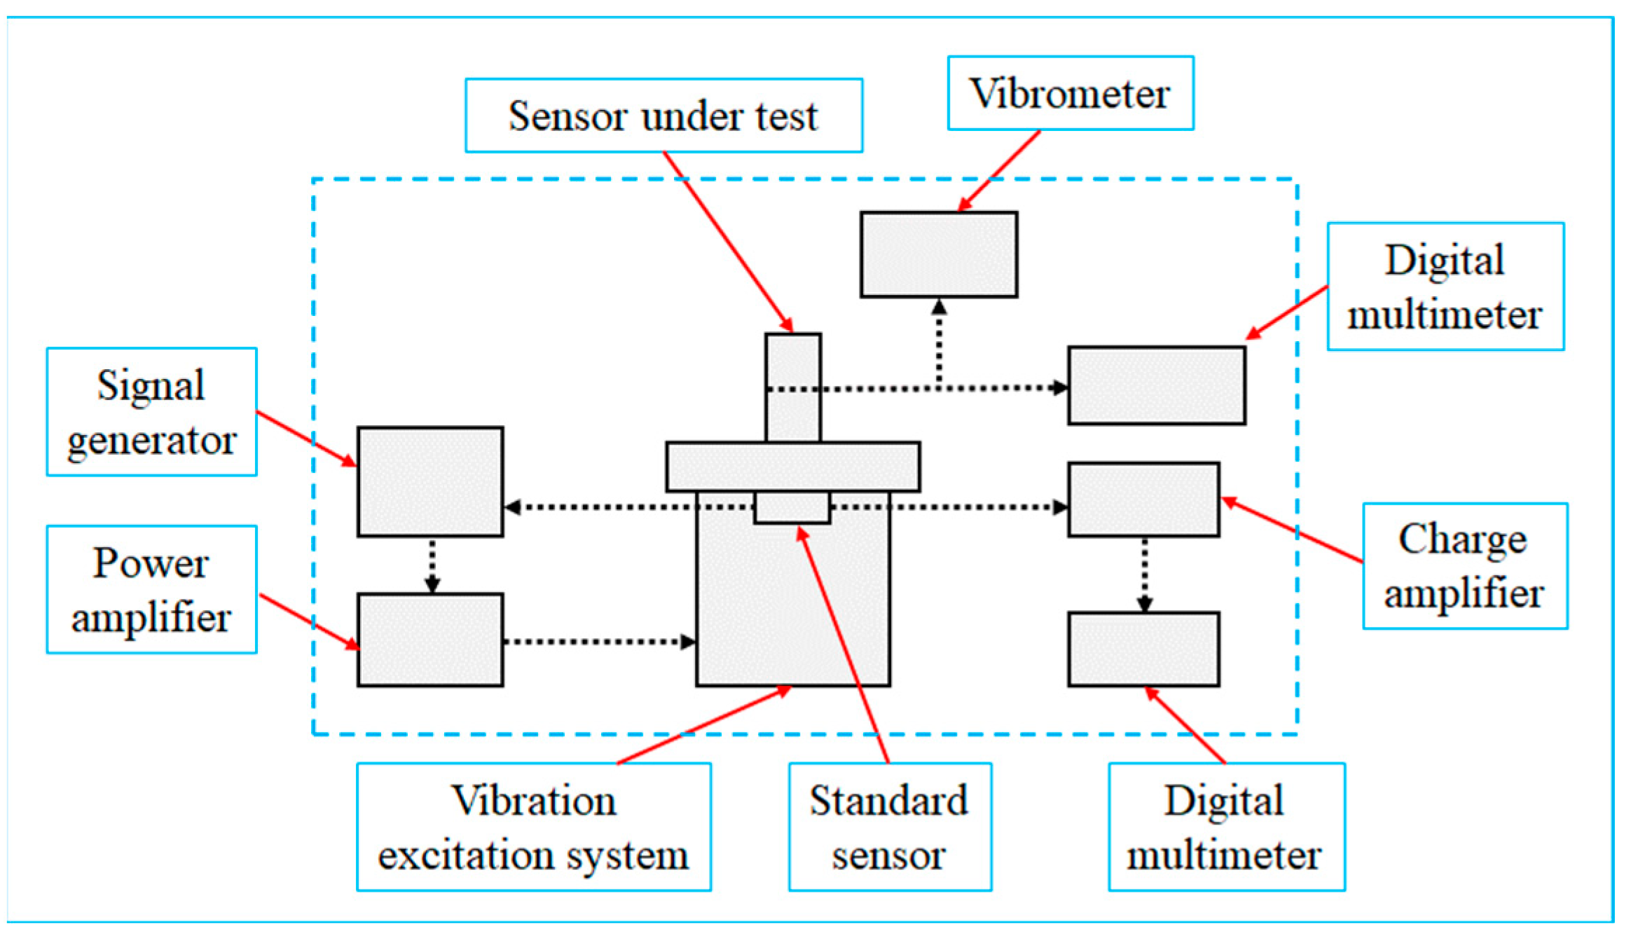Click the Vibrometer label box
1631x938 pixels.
click(1069, 93)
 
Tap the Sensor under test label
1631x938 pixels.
click(663, 116)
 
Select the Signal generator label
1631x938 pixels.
click(151, 412)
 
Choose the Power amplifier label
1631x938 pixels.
click(151, 589)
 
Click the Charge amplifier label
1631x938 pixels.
click(1464, 565)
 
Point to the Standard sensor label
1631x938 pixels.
click(889, 827)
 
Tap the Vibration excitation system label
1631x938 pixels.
click(533, 827)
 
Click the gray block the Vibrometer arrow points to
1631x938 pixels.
click(938, 254)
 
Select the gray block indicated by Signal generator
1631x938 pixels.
click(429, 481)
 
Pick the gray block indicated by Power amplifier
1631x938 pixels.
click(429, 639)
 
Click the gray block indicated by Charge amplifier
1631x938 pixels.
click(1143, 499)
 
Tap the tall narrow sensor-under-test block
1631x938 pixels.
click(792, 364)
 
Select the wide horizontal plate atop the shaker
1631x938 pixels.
click(792, 466)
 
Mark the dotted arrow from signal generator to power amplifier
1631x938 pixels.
click(432, 565)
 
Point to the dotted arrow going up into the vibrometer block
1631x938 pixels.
click(939, 343)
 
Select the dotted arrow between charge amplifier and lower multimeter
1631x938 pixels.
click(1144, 574)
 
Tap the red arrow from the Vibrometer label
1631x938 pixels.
click(998, 171)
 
